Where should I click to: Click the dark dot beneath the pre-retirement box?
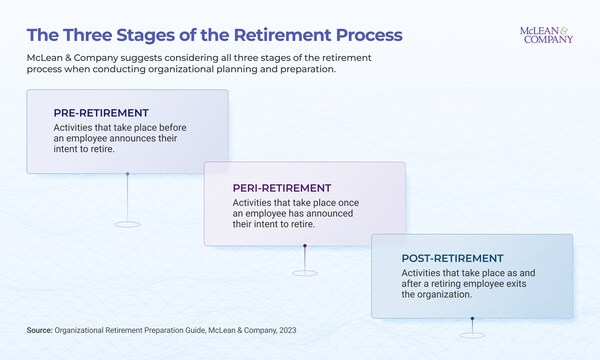click(127, 175)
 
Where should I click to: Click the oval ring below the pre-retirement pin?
click(127, 222)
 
